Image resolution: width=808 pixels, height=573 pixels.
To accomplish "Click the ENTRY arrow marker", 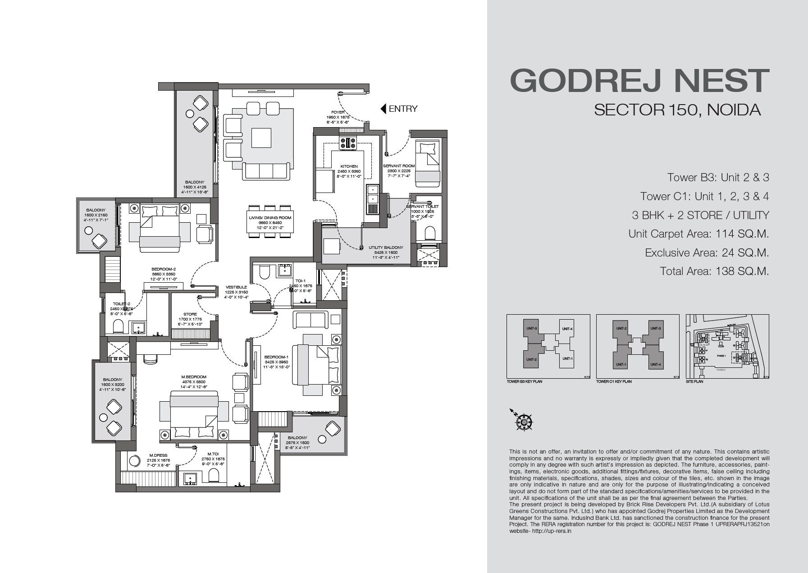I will click(x=383, y=109).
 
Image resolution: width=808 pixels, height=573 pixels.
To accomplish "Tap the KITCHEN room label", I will click(x=349, y=166).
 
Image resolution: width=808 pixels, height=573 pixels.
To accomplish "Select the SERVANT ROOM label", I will click(x=399, y=166).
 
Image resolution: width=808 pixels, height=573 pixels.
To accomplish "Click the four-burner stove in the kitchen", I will click(x=347, y=143).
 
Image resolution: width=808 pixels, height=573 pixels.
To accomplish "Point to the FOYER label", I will click(x=338, y=112).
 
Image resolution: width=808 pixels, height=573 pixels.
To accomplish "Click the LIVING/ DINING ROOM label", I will click(x=270, y=218).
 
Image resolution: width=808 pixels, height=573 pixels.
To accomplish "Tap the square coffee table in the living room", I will click(x=261, y=138).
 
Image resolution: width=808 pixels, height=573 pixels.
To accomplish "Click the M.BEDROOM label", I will click(x=194, y=377).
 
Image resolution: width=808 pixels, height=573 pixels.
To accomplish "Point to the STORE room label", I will click(x=190, y=314).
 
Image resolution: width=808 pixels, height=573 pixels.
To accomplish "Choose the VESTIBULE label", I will click(x=236, y=287).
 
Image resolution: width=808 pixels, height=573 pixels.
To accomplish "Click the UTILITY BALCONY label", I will click(x=386, y=248).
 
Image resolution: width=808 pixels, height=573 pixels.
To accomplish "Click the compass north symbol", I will click(x=524, y=421).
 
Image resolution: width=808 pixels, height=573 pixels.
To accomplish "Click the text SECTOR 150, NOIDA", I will click(x=677, y=110).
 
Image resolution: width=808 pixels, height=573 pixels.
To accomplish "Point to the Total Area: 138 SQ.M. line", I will click(x=714, y=271).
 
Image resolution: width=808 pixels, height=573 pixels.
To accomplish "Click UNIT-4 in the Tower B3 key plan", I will click(x=567, y=329).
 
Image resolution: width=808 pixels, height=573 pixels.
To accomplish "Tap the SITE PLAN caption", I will click(x=694, y=381).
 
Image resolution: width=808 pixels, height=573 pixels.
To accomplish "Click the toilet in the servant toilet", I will click(x=429, y=233).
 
